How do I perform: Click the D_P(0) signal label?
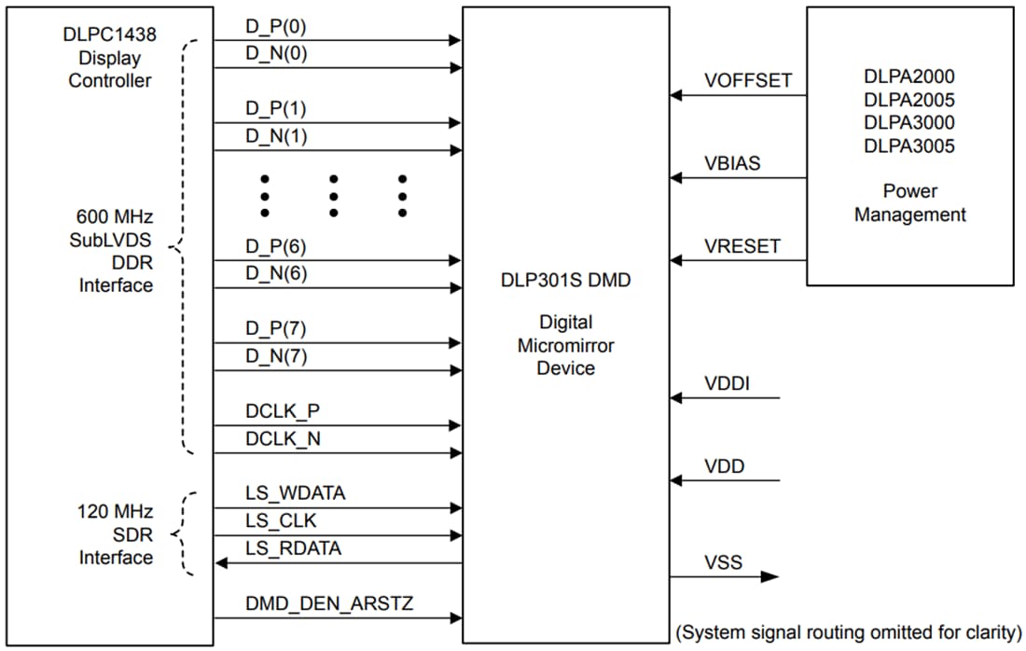[276, 26]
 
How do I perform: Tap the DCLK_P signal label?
[284, 410]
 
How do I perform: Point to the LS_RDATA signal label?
[294, 548]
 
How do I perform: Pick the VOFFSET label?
[748, 81]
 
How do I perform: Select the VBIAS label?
[732, 163]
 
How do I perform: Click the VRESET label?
[742, 246]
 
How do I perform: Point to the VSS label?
[724, 561]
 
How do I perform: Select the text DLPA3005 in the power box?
[909, 145]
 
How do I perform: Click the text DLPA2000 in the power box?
[909, 76]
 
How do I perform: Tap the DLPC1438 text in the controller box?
[109, 35]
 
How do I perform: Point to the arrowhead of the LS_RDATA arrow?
[221, 563]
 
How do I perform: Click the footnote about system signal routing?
[848, 631]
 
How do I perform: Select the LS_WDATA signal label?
[296, 492]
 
